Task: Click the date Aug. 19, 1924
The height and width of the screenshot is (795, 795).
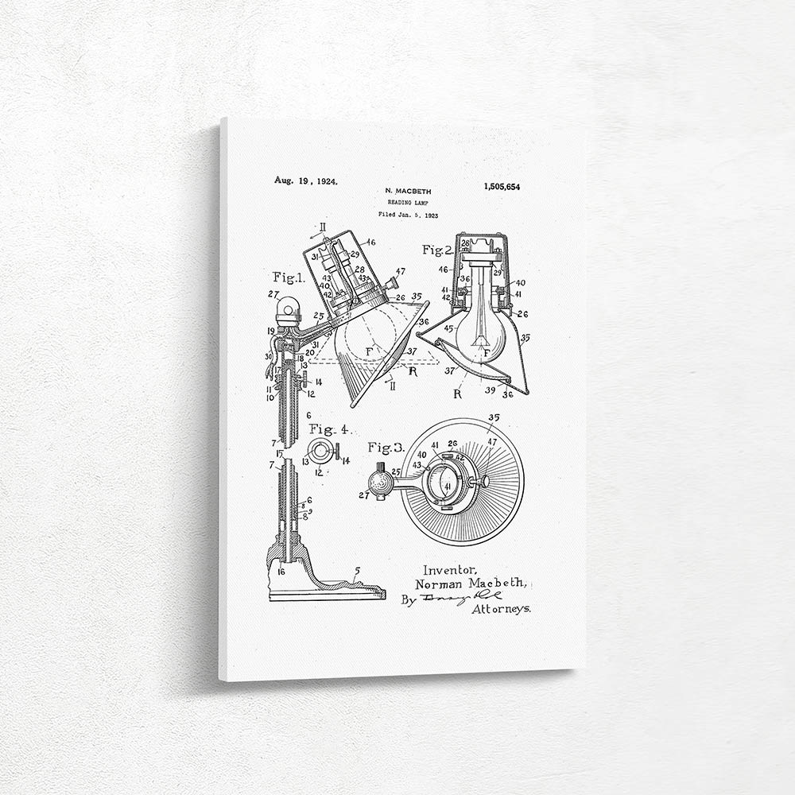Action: coord(306,180)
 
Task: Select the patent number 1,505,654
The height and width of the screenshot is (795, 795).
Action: coord(502,186)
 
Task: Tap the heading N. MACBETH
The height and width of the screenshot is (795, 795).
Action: coord(407,192)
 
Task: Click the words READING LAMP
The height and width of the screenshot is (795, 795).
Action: coord(407,203)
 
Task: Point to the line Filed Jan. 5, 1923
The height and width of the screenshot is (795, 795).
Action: coord(408,215)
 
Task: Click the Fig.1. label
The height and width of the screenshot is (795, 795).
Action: coord(289,277)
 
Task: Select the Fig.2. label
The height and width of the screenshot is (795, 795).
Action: coord(437,250)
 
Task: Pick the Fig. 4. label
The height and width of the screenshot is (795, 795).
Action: coord(329,430)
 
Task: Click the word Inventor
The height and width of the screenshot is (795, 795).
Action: coord(450,569)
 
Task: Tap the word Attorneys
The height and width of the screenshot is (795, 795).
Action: coord(502,609)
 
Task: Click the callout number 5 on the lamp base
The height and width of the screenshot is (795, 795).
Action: coord(357,571)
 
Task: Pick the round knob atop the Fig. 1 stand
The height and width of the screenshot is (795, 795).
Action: coord(288,307)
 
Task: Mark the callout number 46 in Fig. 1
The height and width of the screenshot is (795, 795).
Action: coord(370,241)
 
